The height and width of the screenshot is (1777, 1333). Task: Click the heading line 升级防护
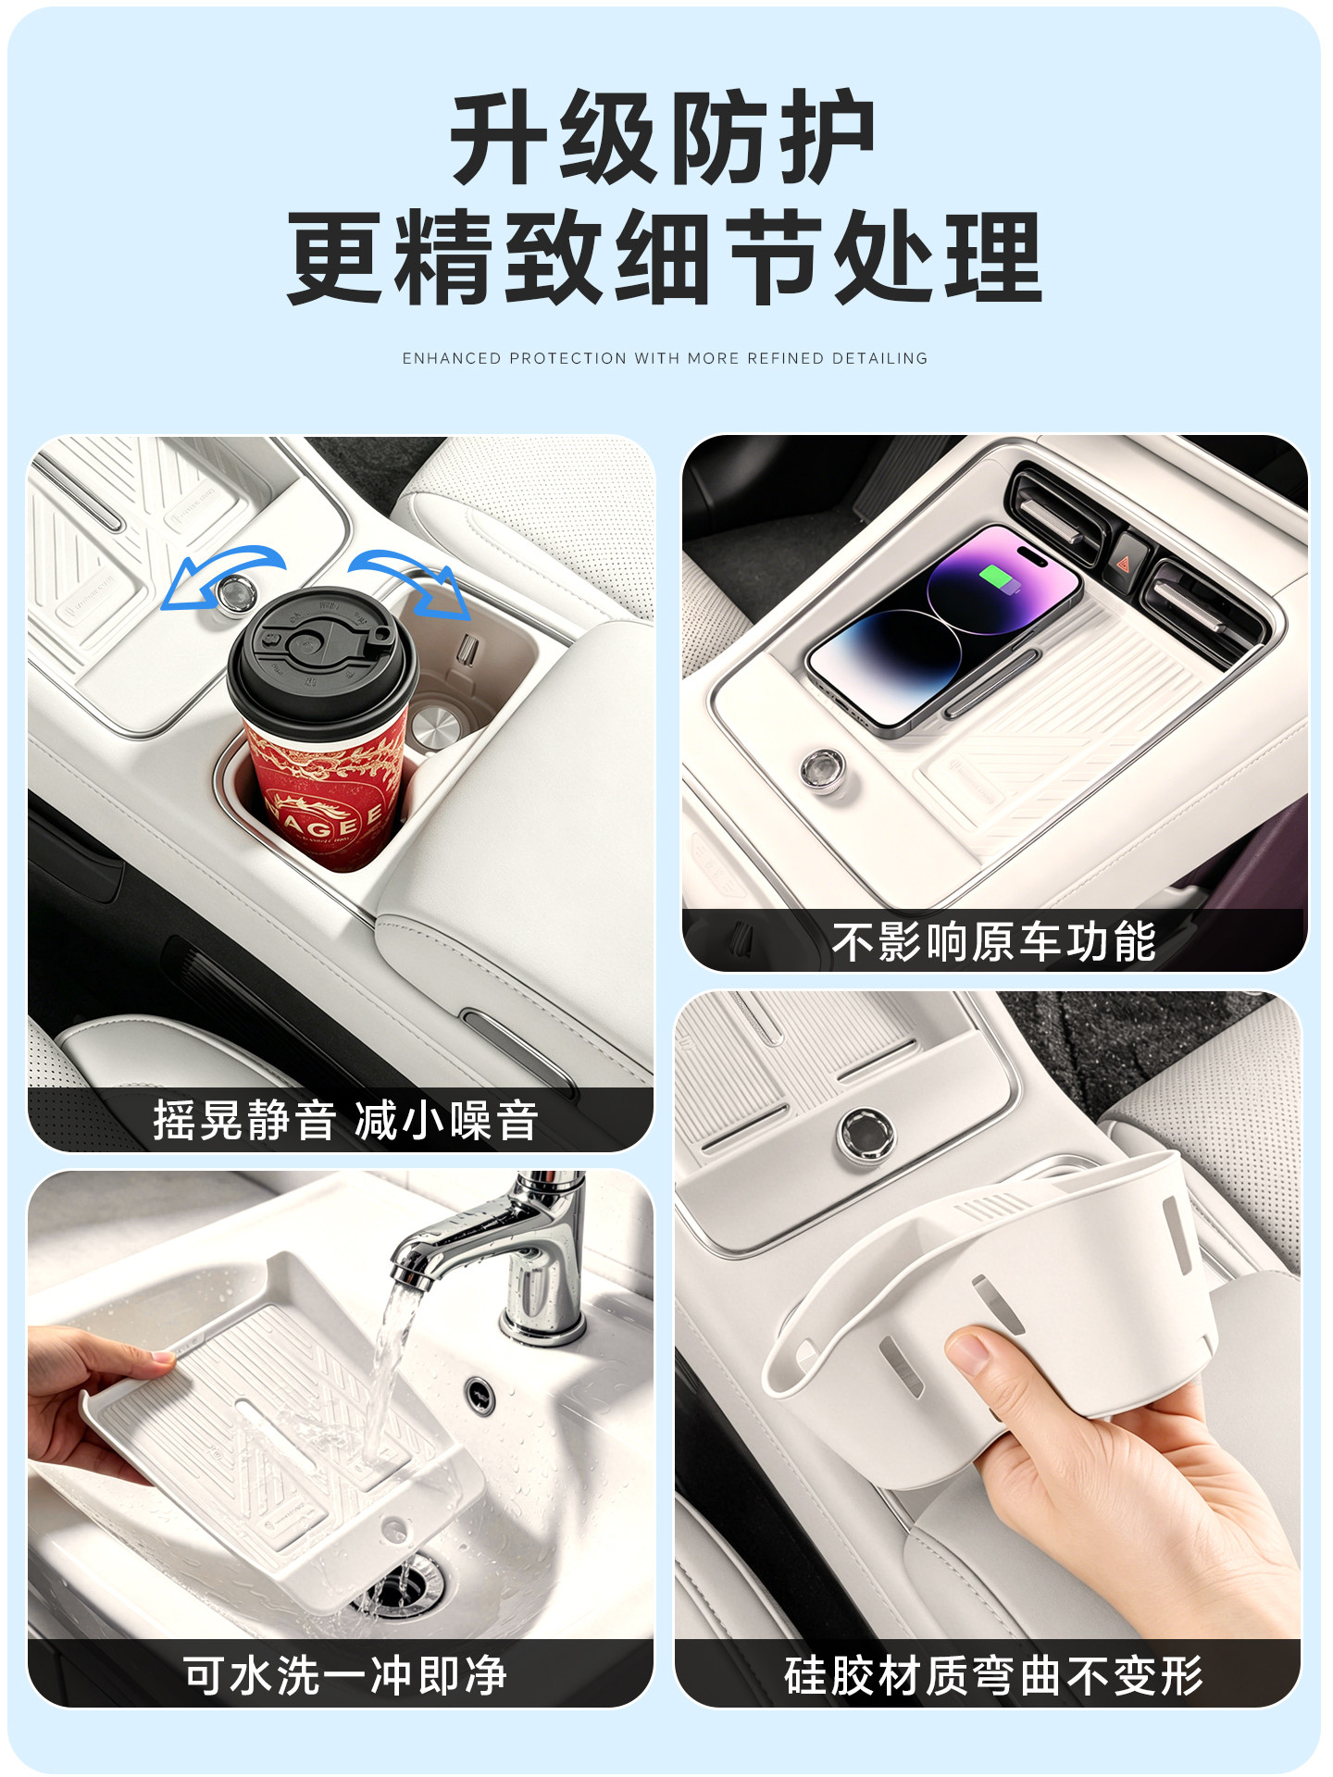(663, 138)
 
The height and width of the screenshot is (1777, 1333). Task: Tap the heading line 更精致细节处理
(665, 256)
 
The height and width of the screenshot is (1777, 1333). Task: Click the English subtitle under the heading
(665, 358)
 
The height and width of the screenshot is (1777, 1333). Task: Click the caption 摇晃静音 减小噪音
(345, 1120)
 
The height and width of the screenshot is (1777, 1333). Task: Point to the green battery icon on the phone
(997, 579)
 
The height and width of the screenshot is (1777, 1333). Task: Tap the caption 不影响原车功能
(993, 942)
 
